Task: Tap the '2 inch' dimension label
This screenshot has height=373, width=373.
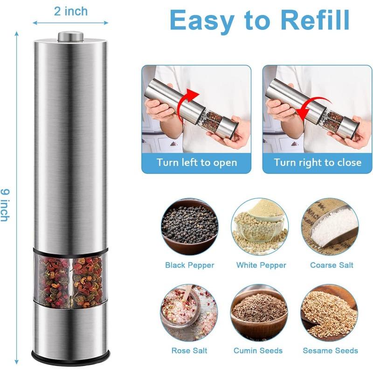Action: coord(70,11)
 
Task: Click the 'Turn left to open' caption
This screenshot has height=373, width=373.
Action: coord(196,162)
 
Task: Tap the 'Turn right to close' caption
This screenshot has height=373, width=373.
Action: coord(318,162)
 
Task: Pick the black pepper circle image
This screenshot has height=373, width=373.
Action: coord(189,226)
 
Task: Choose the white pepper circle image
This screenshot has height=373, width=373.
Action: coord(260,226)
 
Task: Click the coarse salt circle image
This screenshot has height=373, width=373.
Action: coord(330,226)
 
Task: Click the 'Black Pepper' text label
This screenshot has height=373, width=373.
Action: coord(189,265)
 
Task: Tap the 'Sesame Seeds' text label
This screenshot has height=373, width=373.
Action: coord(330,350)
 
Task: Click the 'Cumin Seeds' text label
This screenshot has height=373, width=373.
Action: coord(260,350)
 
